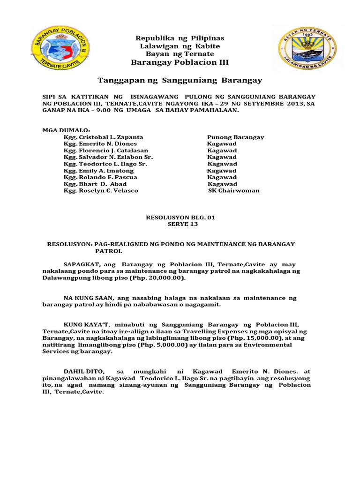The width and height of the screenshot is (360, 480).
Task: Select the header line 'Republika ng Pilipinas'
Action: (x=180, y=38)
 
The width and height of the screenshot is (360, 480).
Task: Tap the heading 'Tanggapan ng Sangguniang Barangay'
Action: (x=180, y=80)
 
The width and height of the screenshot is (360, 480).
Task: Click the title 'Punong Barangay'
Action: (x=235, y=137)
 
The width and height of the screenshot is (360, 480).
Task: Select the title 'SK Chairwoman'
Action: (x=233, y=191)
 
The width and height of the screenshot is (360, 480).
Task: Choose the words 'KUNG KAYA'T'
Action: (x=82, y=324)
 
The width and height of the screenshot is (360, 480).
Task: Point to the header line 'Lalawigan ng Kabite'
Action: (x=180, y=46)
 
